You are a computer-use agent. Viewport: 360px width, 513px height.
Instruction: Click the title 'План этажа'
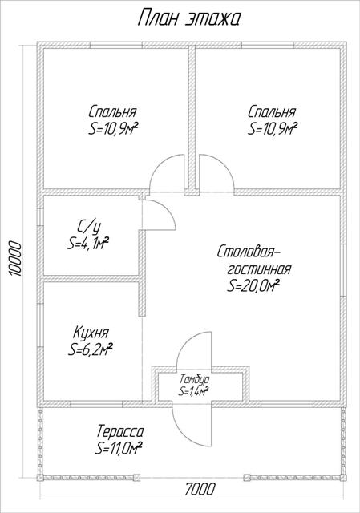point(189,18)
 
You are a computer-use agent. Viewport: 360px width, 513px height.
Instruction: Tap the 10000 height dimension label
point(14,259)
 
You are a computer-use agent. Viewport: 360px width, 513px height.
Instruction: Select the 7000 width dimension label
point(200,490)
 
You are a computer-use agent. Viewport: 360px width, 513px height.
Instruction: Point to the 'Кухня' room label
point(91,333)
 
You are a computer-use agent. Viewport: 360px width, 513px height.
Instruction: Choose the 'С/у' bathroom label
point(88,227)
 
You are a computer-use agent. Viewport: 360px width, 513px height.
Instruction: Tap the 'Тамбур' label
point(194,379)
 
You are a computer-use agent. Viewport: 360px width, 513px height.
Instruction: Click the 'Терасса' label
point(119,431)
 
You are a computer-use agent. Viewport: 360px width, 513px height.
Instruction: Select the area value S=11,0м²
point(118,448)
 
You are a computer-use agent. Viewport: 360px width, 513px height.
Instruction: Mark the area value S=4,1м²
point(87,244)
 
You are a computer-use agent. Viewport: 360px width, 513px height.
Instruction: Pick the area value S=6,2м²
point(91,349)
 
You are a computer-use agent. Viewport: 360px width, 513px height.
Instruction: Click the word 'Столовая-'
point(249,252)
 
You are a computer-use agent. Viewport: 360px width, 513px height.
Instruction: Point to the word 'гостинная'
point(259,269)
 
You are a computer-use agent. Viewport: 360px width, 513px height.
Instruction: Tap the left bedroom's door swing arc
point(160,163)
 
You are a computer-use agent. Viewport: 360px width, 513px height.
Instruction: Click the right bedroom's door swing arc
point(224,163)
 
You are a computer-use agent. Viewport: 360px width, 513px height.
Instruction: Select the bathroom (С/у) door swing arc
point(168,208)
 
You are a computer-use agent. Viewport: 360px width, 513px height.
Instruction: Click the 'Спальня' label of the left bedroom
point(112,112)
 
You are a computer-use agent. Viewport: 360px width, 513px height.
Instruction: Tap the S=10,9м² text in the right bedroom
point(273,128)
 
